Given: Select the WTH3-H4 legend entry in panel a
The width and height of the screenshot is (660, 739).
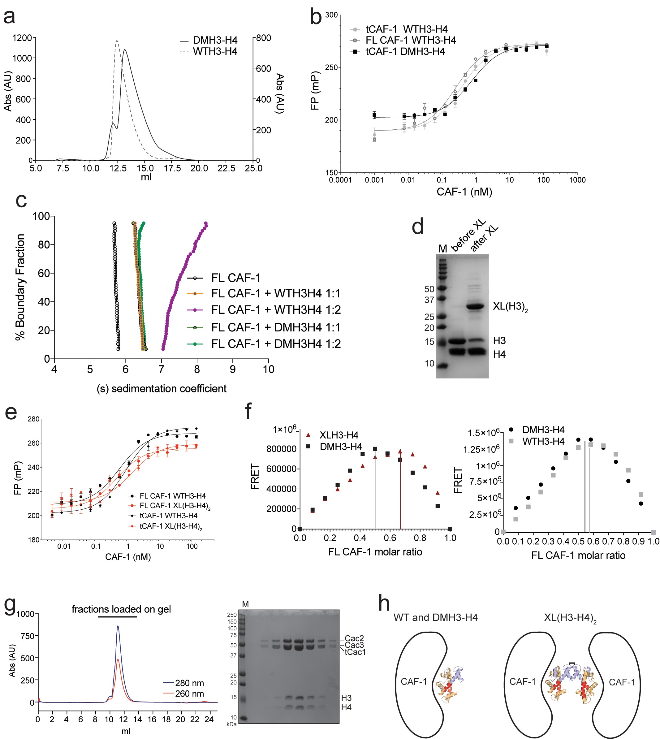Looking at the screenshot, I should (215, 51).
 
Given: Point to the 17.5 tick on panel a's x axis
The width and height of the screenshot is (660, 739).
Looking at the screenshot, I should (172, 168).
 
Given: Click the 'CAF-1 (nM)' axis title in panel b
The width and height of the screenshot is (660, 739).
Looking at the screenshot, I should (464, 192).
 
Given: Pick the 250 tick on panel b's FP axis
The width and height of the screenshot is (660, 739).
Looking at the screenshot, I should (331, 68).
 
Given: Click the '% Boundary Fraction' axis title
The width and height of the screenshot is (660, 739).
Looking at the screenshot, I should (20, 287).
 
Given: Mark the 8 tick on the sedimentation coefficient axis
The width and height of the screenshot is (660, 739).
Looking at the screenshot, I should (197, 369).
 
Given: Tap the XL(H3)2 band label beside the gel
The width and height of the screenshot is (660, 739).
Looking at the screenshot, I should (510, 307).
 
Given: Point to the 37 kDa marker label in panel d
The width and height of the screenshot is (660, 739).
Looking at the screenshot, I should (429, 300).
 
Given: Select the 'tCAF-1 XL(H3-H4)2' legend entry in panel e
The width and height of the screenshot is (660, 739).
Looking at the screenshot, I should (170, 526).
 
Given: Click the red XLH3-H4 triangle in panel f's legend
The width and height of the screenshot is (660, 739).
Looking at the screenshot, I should (308, 435).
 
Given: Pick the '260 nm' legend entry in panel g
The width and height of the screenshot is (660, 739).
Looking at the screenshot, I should (189, 694).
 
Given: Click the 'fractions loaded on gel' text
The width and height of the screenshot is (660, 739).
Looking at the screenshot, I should (121, 609).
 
